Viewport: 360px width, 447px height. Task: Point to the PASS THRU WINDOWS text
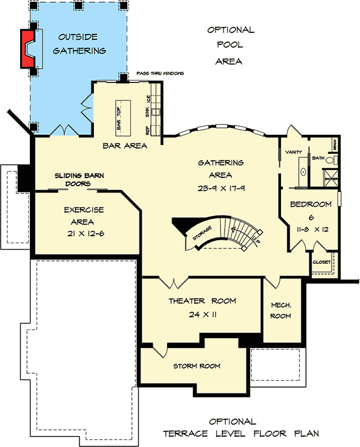160,74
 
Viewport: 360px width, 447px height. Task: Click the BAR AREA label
124,146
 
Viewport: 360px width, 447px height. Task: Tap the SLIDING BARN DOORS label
79,179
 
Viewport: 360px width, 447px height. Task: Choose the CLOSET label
321,262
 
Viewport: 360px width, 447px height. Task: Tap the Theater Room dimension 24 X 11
202,315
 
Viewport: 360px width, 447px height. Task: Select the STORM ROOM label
196,366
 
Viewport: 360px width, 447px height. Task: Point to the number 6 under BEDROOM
310,217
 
